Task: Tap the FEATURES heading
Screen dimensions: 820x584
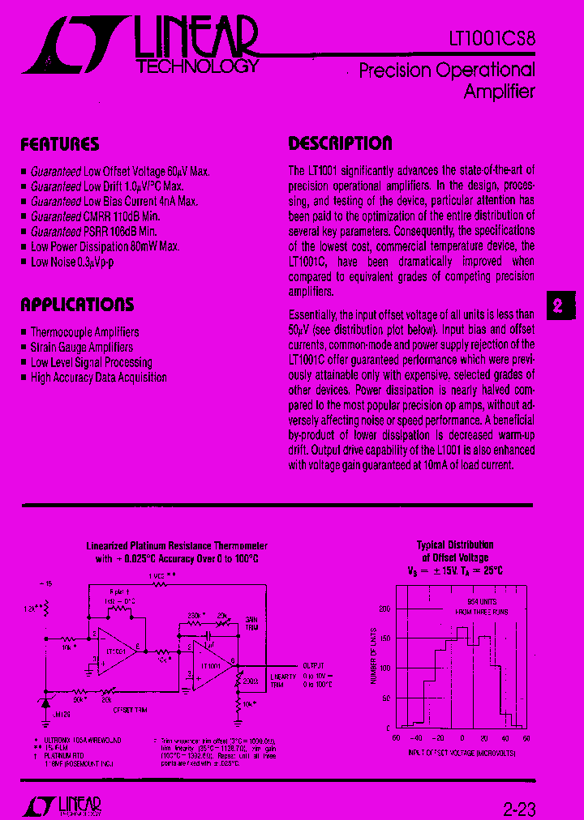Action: point(59,145)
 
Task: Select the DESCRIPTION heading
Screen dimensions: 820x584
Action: point(340,143)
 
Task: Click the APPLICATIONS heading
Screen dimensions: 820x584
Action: point(77,305)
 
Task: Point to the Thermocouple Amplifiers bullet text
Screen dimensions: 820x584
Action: point(84,332)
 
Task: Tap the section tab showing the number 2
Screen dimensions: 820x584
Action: point(558,306)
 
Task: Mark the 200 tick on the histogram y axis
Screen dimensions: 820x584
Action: point(384,608)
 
